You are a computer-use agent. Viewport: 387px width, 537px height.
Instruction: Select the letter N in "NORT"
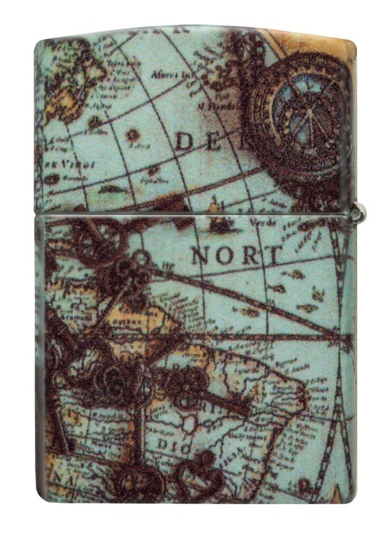pos(202,256)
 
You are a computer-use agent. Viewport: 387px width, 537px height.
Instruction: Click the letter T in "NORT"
pos(272,255)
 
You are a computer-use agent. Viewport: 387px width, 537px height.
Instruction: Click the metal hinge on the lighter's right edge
pos(359,214)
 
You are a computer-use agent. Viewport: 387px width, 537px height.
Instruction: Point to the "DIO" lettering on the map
pos(171,444)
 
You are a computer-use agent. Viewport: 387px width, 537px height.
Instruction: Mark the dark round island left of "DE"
pos(132,135)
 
